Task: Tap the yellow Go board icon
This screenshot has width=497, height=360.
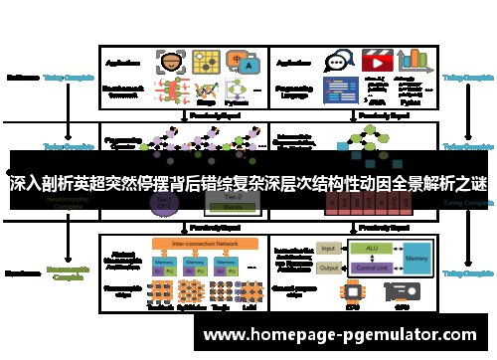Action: click(207, 63)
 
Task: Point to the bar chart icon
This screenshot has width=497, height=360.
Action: click(417, 60)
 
